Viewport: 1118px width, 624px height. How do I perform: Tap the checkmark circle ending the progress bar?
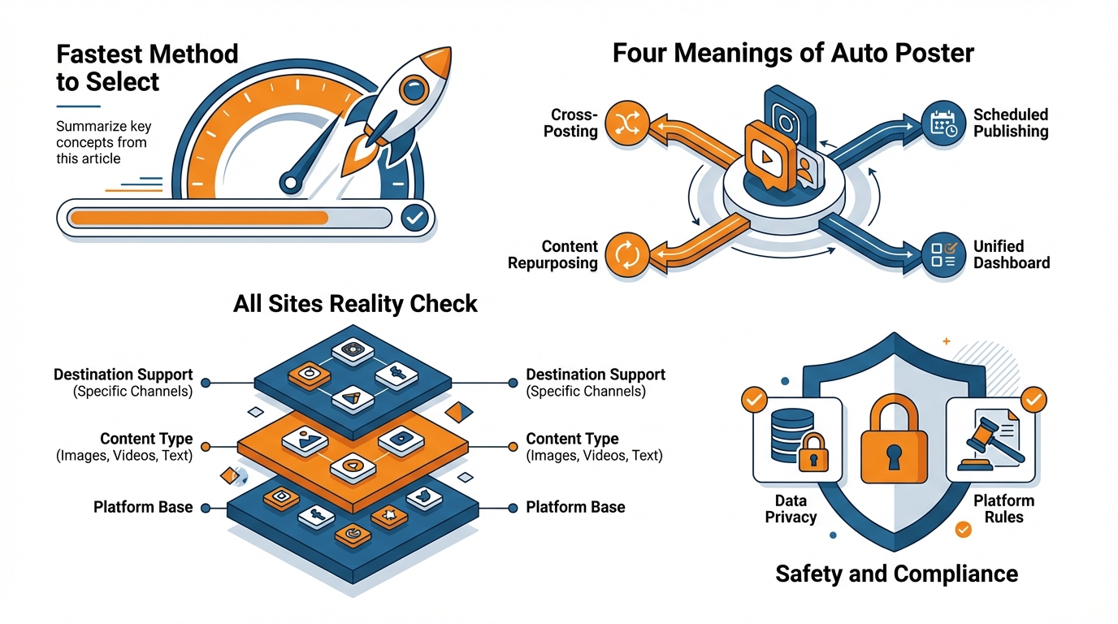(414, 217)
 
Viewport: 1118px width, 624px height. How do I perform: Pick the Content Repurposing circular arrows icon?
(626, 254)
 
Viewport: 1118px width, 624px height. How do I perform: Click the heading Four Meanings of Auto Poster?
(793, 54)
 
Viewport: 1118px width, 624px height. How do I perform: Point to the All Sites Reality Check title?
(355, 304)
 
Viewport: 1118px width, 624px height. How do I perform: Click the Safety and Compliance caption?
(896, 574)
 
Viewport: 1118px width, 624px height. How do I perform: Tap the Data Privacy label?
(791, 509)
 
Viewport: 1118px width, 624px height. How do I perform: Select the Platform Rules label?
(1003, 509)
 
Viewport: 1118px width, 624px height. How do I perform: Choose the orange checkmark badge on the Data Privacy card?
(754, 400)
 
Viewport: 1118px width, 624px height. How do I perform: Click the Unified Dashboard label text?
(1011, 254)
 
